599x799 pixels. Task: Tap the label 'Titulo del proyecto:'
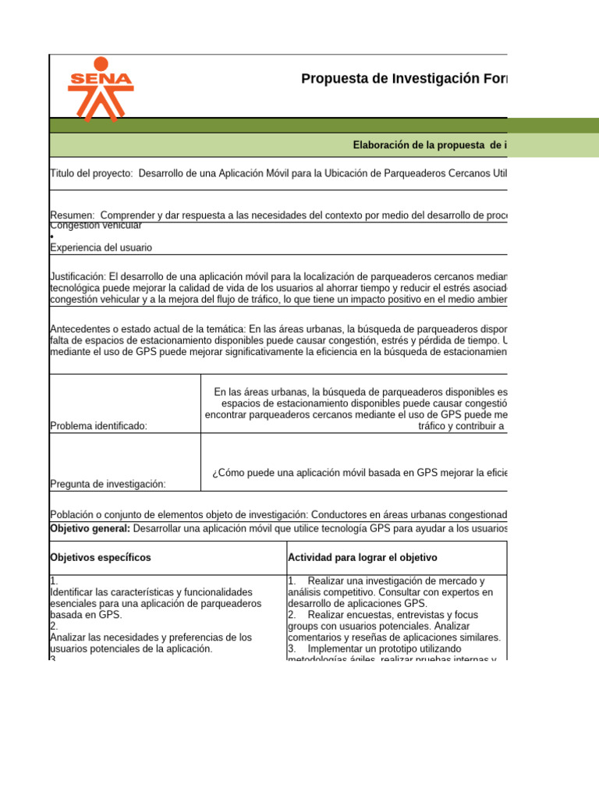point(92,173)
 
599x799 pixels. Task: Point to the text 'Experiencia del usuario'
point(101,247)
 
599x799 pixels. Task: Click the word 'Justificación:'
point(77,277)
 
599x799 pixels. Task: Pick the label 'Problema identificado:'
point(98,426)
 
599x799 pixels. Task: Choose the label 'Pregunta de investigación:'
point(108,484)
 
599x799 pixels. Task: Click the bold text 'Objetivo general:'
point(90,528)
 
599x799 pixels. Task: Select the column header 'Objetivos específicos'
point(101,558)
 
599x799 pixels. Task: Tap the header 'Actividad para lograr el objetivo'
point(363,558)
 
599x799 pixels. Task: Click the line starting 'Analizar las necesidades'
point(151,637)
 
